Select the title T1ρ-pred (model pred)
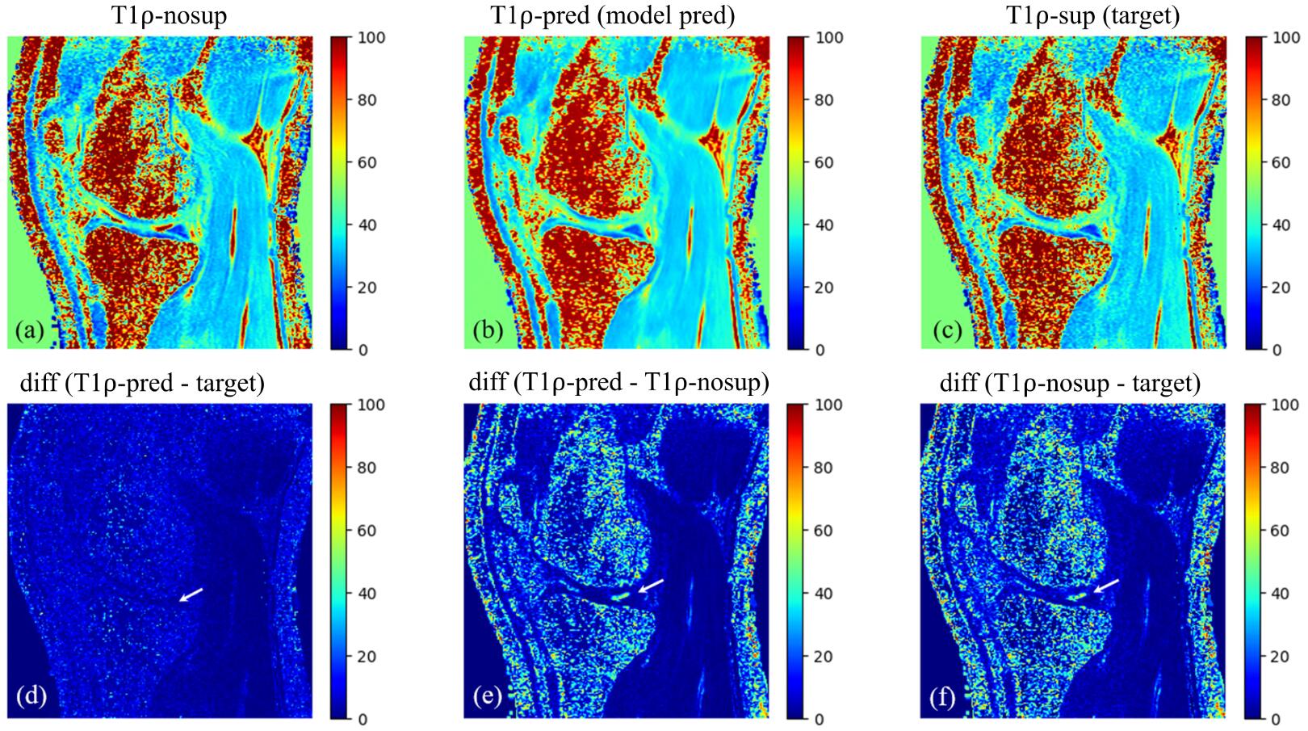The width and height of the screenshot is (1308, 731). [613, 15]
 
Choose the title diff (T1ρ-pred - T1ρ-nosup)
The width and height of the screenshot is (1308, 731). [618, 381]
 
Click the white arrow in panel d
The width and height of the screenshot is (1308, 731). [191, 594]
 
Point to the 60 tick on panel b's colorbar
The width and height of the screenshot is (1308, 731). [824, 162]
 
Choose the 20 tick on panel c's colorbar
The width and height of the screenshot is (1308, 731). [1281, 288]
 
